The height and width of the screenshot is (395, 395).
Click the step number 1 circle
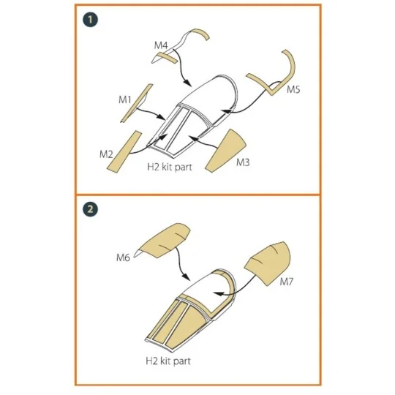click(90, 20)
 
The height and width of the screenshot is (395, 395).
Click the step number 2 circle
click(90, 209)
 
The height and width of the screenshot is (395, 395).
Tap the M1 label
click(125, 99)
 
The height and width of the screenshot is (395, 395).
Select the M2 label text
click(106, 154)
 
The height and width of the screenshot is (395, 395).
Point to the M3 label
click(243, 162)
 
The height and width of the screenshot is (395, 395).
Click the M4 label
click(161, 45)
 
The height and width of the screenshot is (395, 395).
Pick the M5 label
click(293, 89)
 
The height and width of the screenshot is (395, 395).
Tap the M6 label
click(123, 257)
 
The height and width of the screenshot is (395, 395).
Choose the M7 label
click(287, 282)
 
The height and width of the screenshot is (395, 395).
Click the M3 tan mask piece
click(225, 152)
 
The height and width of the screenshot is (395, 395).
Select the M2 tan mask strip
click(124, 152)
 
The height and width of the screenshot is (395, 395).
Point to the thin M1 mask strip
click(136, 103)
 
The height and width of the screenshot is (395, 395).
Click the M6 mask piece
click(165, 239)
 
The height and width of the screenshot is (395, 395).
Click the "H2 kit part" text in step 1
click(170, 167)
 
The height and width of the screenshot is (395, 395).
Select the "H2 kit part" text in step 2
click(168, 361)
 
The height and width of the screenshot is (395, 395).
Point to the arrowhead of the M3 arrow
click(192, 138)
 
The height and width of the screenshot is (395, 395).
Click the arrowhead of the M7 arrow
click(218, 293)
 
